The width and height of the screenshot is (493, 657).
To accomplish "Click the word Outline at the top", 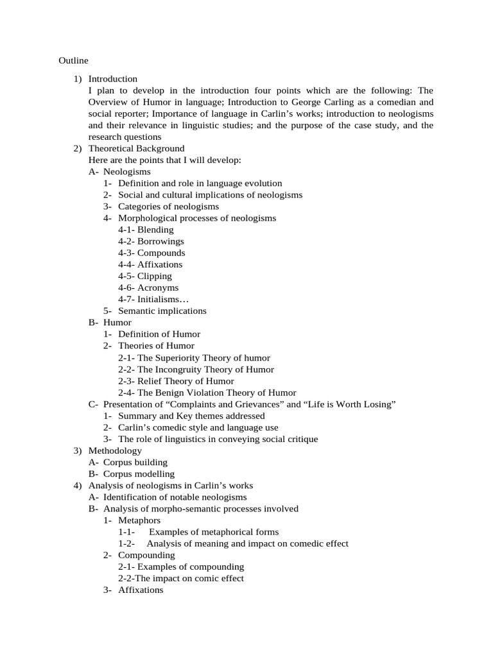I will pos(73,60).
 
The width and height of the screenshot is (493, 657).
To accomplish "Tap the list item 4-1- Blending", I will pos(146,229).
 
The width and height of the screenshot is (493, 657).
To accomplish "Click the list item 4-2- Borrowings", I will pos(151,241).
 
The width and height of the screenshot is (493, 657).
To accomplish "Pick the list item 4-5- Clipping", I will pos(145,276).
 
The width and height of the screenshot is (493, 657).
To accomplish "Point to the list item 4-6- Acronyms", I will pos(148,287).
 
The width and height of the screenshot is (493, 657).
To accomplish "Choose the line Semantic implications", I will pos(162,311).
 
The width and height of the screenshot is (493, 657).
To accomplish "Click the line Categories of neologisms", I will pos(168,206).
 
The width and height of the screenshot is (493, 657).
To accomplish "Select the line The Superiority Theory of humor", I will pos(194,357).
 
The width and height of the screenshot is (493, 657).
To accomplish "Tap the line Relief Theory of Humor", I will pos(176,381).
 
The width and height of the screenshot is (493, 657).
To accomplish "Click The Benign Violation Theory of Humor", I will pos(207,393).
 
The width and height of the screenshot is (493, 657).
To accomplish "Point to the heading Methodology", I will pos(115,450).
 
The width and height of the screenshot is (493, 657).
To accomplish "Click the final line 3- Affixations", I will pos(141,590).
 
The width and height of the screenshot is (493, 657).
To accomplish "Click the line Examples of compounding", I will pos(181,567).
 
